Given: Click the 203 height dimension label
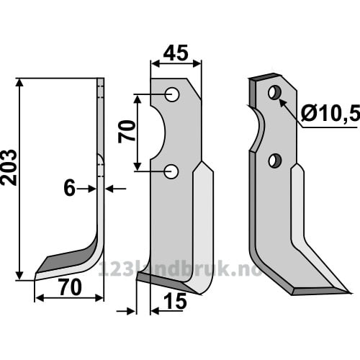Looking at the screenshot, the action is [x=9, y=168].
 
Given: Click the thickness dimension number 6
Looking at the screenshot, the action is [x=70, y=189].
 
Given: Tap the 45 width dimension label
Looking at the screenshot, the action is [x=176, y=53].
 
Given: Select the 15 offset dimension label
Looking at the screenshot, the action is [x=176, y=301].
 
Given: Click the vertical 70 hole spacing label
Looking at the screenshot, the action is [x=127, y=132].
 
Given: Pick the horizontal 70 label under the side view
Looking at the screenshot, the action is [x=71, y=287].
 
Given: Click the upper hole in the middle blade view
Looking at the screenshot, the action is [x=172, y=94].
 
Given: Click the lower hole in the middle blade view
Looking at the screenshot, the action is [x=171, y=171].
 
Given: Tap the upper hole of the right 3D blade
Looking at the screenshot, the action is [x=275, y=92].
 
